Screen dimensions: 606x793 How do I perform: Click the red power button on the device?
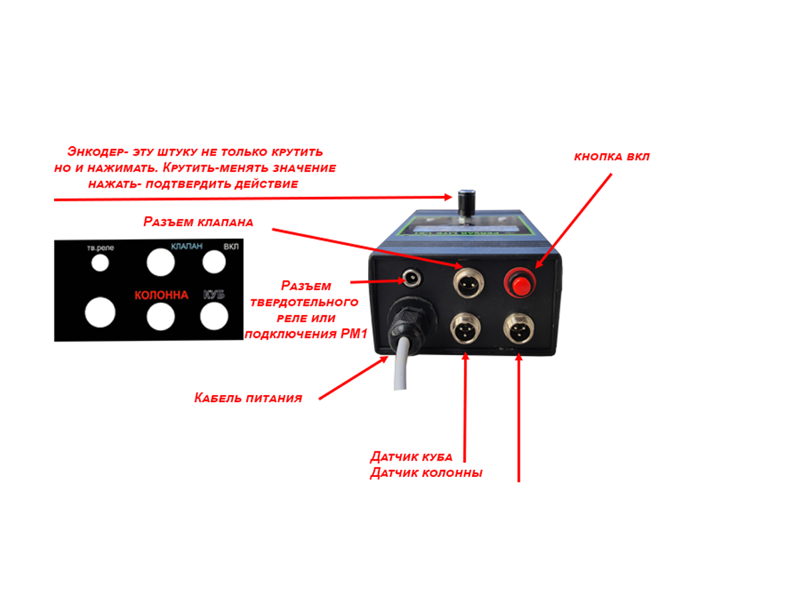520,284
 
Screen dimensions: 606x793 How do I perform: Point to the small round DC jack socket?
411,277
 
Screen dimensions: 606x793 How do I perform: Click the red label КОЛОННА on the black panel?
162,295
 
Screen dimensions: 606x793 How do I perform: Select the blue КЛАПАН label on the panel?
187,247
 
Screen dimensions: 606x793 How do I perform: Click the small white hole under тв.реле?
101,263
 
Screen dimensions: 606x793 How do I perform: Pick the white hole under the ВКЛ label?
214,262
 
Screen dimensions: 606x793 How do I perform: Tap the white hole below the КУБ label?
214,316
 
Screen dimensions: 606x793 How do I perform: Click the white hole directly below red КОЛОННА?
160,316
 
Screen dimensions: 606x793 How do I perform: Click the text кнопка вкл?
612,157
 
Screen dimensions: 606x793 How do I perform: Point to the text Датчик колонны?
426,473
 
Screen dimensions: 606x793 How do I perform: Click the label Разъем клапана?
198,222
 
